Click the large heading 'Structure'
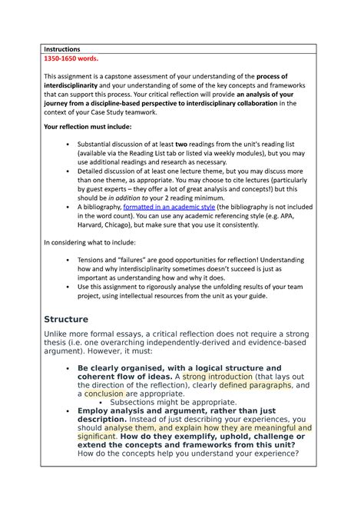67,318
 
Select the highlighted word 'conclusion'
104,394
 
